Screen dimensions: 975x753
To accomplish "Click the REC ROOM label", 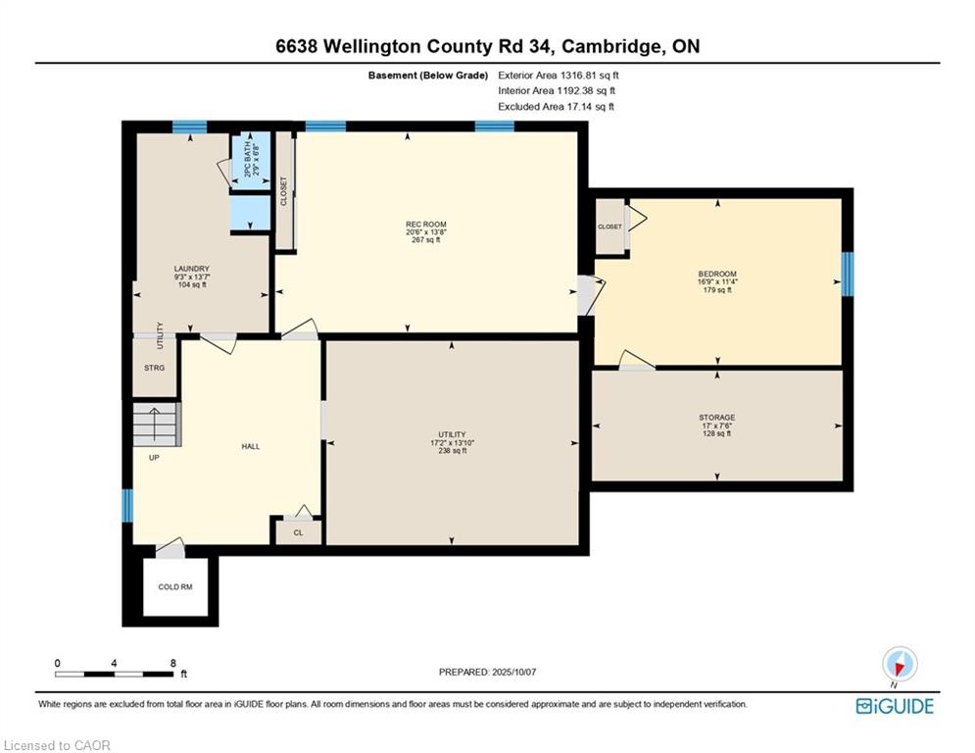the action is click(x=426, y=224).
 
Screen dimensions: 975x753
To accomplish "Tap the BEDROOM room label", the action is click(x=717, y=274).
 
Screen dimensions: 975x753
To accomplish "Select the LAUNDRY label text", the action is click(x=191, y=269).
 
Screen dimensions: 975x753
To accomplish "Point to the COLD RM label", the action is click(x=175, y=587).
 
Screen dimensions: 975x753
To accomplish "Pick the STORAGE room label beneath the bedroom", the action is click(x=717, y=418).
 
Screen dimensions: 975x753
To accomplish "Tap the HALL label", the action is click(x=251, y=446).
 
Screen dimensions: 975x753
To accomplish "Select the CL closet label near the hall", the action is click(x=299, y=532).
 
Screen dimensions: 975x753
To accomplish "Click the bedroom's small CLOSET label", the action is click(x=609, y=226).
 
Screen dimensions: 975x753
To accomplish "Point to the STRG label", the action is click(x=154, y=368).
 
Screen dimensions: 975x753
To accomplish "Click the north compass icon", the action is click(x=900, y=665).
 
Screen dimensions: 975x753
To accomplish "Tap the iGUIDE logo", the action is click(x=895, y=706).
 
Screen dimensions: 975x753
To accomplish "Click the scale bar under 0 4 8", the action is click(x=115, y=674).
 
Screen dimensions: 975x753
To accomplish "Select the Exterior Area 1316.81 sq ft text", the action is click(x=559, y=75).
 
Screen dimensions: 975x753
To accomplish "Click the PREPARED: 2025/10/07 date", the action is click(x=488, y=672).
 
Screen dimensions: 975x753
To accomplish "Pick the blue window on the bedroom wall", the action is click(x=848, y=274).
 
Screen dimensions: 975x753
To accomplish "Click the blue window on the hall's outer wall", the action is click(x=126, y=505).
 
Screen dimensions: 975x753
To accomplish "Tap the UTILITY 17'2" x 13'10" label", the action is click(x=452, y=442).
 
